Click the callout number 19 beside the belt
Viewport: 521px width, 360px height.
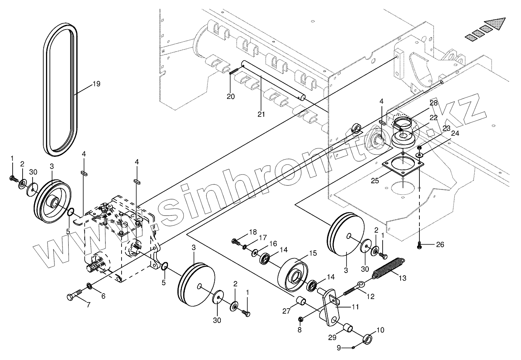pyautogui.click(x=96, y=84)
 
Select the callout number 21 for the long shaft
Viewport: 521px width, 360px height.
pyautogui.click(x=261, y=114)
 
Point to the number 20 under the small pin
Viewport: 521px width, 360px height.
pyautogui.click(x=230, y=96)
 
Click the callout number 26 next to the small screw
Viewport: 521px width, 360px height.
pyautogui.click(x=440, y=244)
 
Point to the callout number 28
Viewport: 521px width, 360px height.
pyautogui.click(x=433, y=103)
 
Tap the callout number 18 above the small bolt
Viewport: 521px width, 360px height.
pyautogui.click(x=252, y=232)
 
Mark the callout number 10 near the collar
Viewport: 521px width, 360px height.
pyautogui.click(x=380, y=330)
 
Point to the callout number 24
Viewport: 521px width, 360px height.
pyautogui.click(x=455, y=133)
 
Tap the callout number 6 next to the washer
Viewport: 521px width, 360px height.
pyautogui.click(x=103, y=296)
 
